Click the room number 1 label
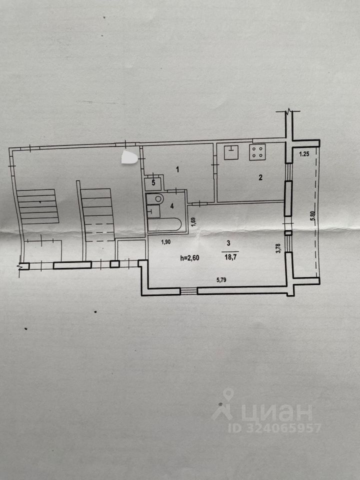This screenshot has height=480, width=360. click(x=177, y=169)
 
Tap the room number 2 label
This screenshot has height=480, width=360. click(x=260, y=176)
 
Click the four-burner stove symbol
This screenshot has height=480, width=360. click(x=258, y=152)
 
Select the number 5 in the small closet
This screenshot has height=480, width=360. click(x=154, y=182)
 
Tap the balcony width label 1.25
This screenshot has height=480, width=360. click(x=304, y=154)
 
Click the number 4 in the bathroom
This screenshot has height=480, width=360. click(x=171, y=205)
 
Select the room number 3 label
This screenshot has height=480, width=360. click(x=228, y=243)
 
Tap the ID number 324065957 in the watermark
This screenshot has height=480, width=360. click(x=274, y=428)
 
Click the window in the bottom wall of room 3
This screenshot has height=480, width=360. click(x=189, y=290)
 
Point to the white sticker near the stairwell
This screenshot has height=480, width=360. click(x=129, y=158)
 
